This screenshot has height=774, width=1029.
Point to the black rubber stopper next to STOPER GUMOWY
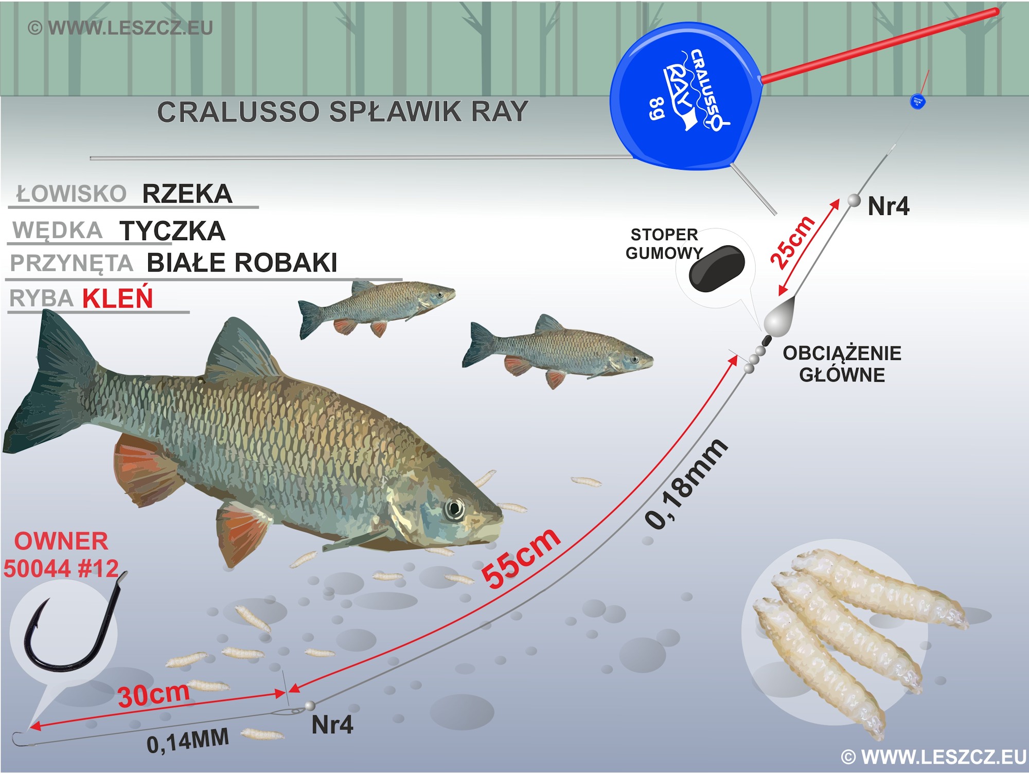click(x=717, y=268)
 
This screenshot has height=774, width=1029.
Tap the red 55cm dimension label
click(x=521, y=559)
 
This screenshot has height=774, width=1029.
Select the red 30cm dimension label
click(x=153, y=695)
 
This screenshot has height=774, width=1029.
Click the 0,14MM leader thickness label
click(x=188, y=741)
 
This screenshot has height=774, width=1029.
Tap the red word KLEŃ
click(x=118, y=298)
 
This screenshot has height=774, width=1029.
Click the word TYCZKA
click(x=172, y=231)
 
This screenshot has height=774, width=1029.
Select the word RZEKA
click(x=187, y=194)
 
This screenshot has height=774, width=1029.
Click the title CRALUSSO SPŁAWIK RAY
click(x=343, y=112)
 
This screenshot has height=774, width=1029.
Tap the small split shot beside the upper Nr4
click(x=854, y=200)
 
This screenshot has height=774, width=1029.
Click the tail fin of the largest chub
click(x=49, y=391)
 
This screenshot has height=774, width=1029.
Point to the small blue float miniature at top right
click(x=918, y=101)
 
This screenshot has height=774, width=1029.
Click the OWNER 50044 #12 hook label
click(x=61, y=555)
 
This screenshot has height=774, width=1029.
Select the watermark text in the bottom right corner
click(x=934, y=757)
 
